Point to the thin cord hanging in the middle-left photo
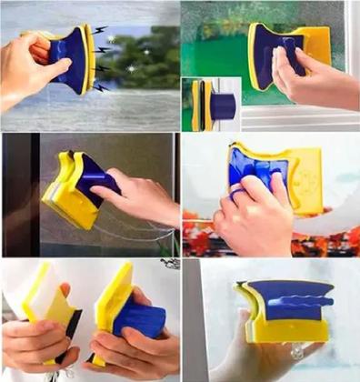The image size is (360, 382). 136,236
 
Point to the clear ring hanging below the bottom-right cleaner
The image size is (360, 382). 295,351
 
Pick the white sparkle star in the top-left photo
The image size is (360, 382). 109,41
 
